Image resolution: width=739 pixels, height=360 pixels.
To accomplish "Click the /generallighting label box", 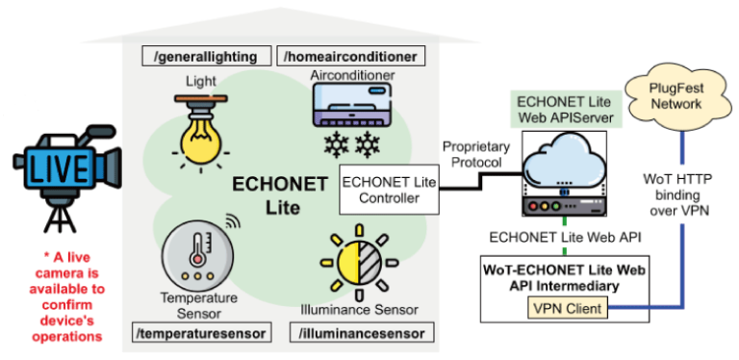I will tap(205, 57).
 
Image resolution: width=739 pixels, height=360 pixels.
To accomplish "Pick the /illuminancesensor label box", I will tap(361, 333).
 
